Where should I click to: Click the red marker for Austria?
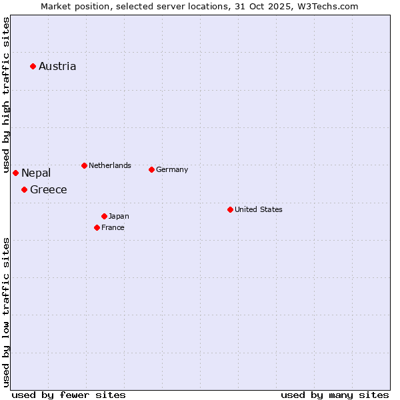[x=33, y=66]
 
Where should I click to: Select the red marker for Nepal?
[x=15, y=173]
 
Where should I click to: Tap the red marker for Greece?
[x=24, y=189]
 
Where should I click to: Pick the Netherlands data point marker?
[x=84, y=165]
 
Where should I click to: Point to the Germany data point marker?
[x=151, y=169]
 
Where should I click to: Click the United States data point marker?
[x=230, y=209]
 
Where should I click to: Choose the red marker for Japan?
[x=104, y=216]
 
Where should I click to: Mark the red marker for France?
[x=97, y=227]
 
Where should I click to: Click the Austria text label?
[x=57, y=66]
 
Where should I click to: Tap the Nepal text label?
[x=36, y=173]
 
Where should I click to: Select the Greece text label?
[x=49, y=189]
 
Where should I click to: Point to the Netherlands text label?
[x=110, y=165]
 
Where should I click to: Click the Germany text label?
[x=172, y=169]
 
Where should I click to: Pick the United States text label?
[x=259, y=209]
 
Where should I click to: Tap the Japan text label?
[x=119, y=216]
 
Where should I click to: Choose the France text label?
[x=113, y=227]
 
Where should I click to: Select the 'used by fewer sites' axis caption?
[x=69, y=395]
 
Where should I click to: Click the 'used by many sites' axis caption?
[x=335, y=395]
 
